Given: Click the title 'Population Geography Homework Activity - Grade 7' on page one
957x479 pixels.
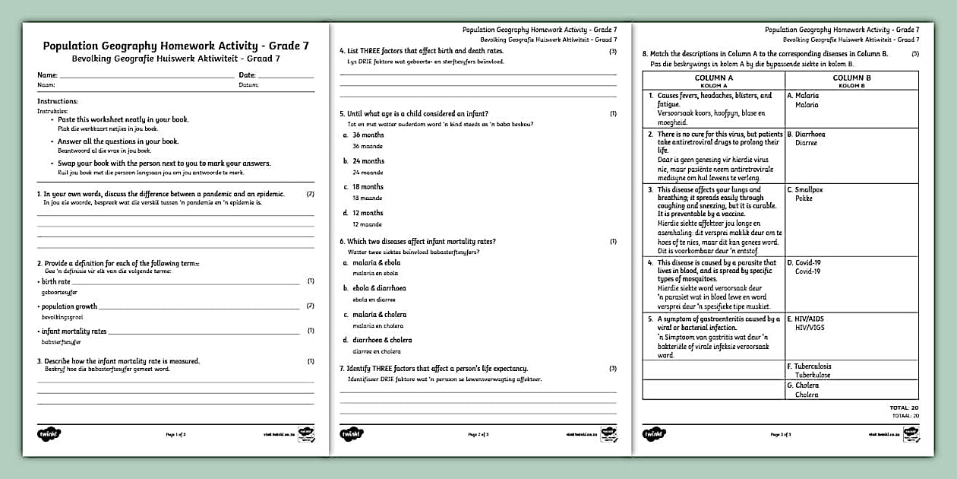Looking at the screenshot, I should tap(175, 46).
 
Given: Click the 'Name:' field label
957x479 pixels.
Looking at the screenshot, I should tap(47, 75).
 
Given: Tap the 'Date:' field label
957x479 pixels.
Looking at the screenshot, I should tap(248, 75).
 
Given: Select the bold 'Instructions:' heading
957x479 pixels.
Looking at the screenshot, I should tap(57, 101).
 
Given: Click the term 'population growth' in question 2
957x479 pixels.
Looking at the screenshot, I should tap(69, 306).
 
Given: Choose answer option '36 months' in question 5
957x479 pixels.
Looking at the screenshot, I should tap(368, 135).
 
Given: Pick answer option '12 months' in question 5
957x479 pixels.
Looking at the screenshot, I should tap(368, 213).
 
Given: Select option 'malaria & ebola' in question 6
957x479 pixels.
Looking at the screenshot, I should tap(376, 262).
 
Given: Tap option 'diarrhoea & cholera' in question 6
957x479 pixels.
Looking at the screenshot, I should tap(382, 340).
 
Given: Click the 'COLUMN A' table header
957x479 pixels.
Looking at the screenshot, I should tap(714, 78).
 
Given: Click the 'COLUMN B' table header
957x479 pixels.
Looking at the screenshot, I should tap(851, 78).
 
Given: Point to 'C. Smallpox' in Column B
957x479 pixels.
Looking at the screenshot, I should tap(805, 189).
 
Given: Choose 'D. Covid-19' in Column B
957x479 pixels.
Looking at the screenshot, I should tap(804, 262).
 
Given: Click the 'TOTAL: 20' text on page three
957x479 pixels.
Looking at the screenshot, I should tap(904, 408).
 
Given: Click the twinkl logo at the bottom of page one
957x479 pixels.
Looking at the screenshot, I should tap(49, 434).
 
